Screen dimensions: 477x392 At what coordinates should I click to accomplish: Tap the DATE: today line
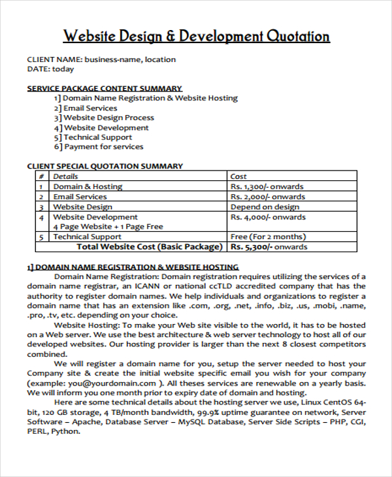[50, 69]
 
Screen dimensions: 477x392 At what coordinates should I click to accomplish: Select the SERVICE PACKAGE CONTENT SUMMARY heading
[105, 88]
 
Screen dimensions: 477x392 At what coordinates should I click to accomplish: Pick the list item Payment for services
[99, 147]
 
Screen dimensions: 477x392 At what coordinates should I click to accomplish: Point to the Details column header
[65, 176]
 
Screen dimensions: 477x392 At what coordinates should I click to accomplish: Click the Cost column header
[238, 176]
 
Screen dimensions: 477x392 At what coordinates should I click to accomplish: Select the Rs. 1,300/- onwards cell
[268, 187]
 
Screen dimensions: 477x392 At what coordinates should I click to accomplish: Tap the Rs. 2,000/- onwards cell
[268, 197]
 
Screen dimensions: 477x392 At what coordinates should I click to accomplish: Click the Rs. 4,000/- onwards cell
[268, 217]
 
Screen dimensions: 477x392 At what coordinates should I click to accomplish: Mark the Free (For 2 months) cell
[267, 237]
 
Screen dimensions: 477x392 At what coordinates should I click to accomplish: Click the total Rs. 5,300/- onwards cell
[269, 247]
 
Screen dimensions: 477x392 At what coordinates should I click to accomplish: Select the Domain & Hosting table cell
[88, 187]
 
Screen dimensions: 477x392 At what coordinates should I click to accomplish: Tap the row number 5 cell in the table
[41, 237]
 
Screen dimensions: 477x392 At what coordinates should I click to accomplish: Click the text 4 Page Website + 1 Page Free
[108, 227]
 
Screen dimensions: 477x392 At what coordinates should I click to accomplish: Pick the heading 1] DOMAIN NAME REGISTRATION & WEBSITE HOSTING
[133, 267]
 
